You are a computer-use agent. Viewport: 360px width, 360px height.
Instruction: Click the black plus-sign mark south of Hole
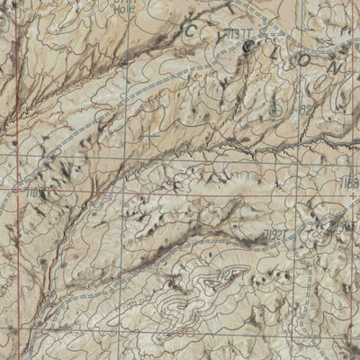pos(148,135)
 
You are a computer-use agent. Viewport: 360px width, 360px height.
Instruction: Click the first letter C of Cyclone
pos(192,31)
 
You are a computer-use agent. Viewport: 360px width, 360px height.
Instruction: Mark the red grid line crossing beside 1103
pos(18,192)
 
